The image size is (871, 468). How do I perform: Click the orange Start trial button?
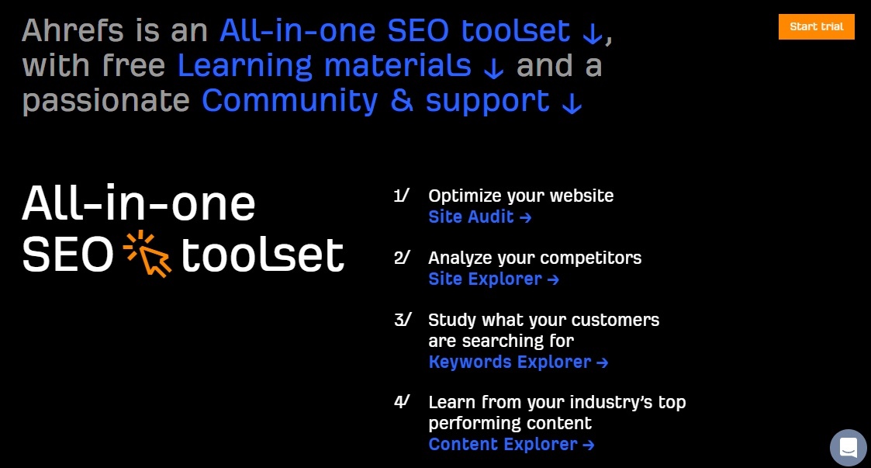pos(816,26)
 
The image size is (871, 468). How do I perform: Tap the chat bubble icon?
pos(849,448)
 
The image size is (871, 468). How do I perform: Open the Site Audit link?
pos(480,217)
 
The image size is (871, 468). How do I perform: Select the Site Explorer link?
pos(493,279)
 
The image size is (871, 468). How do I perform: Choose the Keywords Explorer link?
pos(518,362)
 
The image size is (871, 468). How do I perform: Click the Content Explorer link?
pos(512,444)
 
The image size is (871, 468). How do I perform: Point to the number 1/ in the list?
pos(402,196)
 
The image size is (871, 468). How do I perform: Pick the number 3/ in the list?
pos(403,321)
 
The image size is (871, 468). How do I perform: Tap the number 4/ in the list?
pos(403,402)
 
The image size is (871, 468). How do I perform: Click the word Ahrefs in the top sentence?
pos(72,30)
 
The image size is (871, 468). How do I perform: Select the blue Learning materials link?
pos(324,66)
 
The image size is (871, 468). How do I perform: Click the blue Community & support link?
pos(375,101)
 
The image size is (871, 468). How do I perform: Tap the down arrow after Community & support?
pos(572,103)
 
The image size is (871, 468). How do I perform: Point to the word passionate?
pos(106,101)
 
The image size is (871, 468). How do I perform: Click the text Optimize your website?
pos(521,196)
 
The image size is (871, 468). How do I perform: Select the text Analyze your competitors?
pos(535,258)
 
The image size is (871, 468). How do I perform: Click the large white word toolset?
pos(263,255)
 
